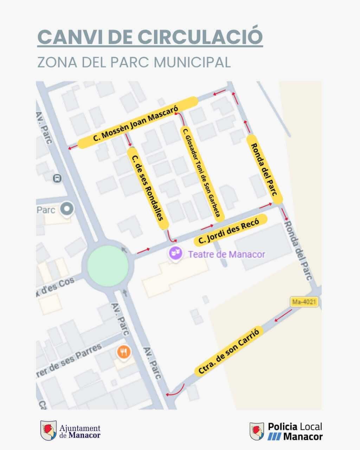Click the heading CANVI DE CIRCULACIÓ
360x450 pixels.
tap(150, 36)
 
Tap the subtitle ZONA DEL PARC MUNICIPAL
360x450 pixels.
tap(134, 62)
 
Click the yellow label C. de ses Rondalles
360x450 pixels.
tap(148, 188)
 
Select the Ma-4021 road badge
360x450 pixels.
tap(304, 302)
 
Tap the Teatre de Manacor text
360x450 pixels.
tap(226, 254)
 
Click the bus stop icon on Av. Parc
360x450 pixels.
tap(57, 178)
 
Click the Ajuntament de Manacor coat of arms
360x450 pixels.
tap(48, 430)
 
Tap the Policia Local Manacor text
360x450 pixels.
tap(295, 431)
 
